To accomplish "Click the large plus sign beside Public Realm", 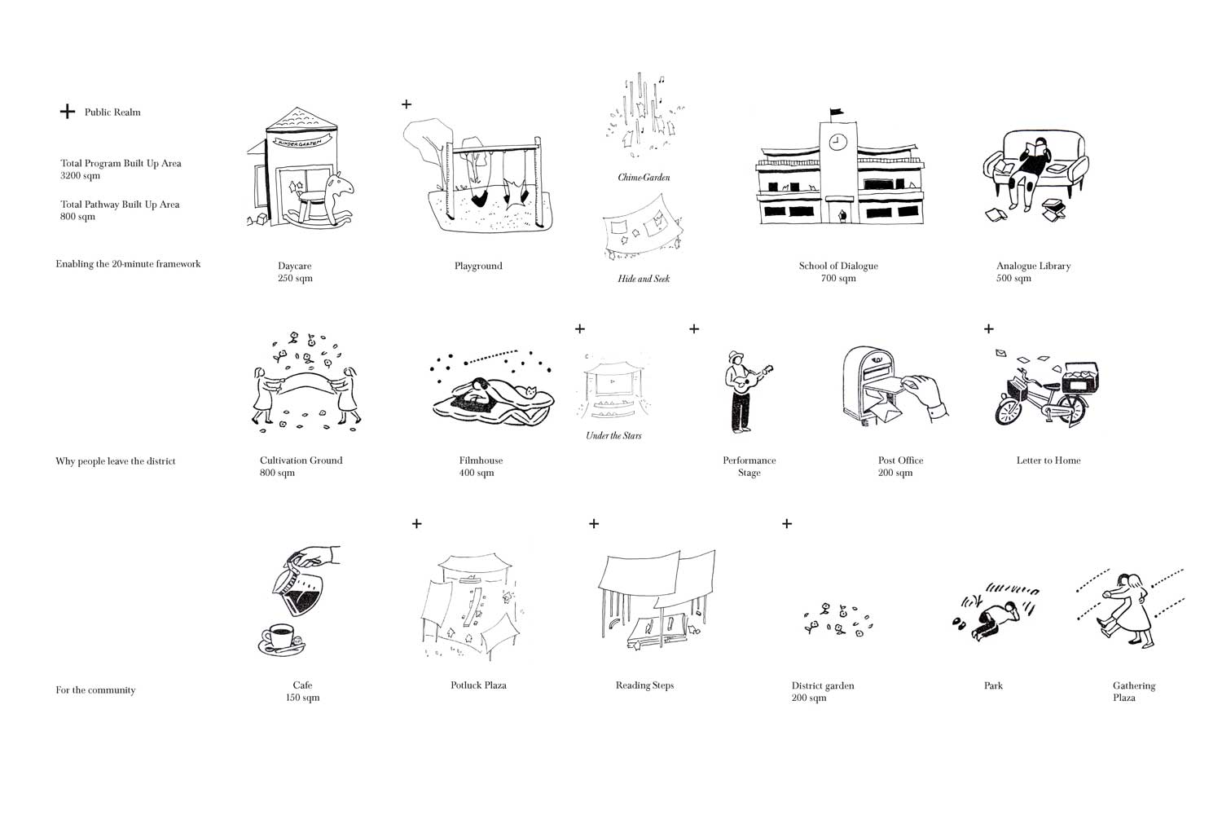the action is tap(67, 112).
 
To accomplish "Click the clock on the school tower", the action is tap(837, 143).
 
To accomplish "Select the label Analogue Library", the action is tap(1033, 266).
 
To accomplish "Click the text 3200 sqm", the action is tap(80, 175).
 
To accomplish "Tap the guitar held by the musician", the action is tap(753, 377).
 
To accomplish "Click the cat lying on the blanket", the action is tap(530, 391).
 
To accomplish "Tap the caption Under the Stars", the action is tap(613, 435).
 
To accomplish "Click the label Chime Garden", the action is tap(644, 178).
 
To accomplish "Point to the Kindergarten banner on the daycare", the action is tap(301, 141).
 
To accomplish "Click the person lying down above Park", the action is tap(994, 620).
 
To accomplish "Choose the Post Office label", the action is tap(901, 460).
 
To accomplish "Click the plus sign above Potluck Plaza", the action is tap(417, 523).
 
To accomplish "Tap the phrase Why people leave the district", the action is tap(116, 461).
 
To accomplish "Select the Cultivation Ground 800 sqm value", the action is tap(277, 473).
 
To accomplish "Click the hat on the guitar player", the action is tap(736, 355).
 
